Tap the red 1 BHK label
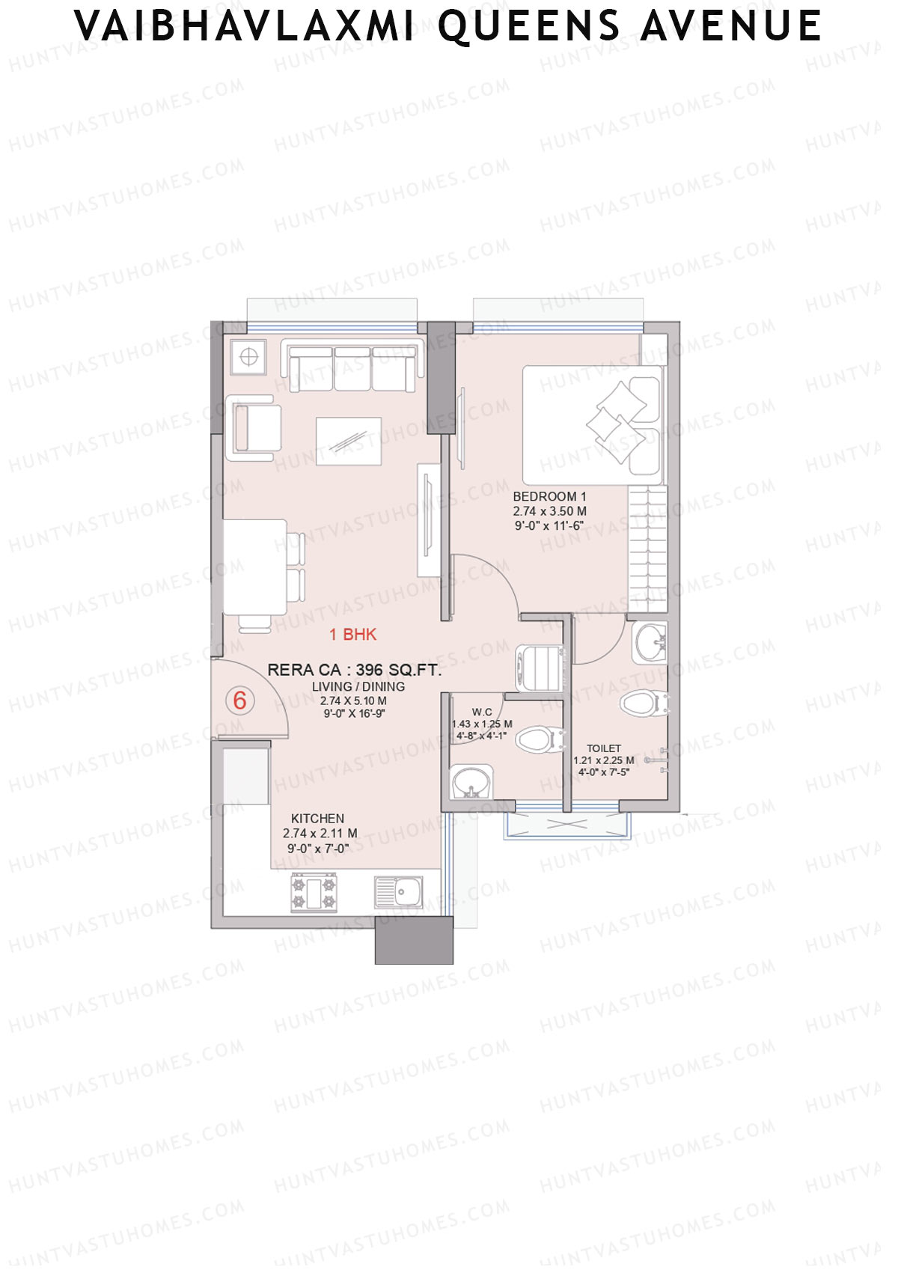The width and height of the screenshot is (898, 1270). (352, 635)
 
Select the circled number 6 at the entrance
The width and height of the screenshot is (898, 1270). (239, 700)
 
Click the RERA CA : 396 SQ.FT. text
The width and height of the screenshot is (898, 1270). (354, 670)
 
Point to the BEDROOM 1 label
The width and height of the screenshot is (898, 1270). (549, 496)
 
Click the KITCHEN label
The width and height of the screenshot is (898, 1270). (317, 819)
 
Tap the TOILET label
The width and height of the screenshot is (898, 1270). (603, 748)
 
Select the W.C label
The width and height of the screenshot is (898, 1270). (482, 712)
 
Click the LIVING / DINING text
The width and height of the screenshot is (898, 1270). (358, 686)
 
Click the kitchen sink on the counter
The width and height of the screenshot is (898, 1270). (399, 892)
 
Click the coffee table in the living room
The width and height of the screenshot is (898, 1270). (348, 441)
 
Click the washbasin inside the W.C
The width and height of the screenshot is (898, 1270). (471, 782)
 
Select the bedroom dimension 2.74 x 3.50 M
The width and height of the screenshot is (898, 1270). (549, 511)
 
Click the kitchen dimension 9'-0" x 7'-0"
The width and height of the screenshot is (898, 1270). (318, 849)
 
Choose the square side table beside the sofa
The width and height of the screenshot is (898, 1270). (248, 358)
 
